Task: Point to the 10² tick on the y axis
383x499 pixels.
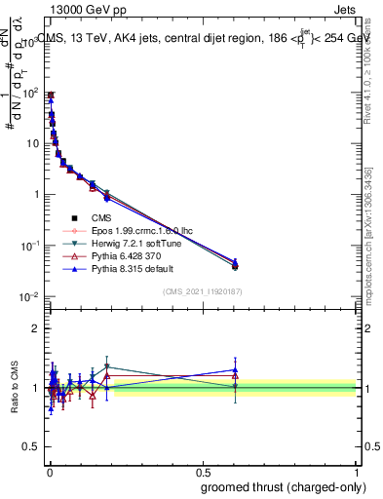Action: coord(29,93)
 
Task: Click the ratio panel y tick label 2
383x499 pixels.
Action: coord(36,328)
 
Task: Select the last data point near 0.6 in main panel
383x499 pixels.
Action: coord(234,264)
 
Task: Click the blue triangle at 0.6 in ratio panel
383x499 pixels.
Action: coord(234,370)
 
